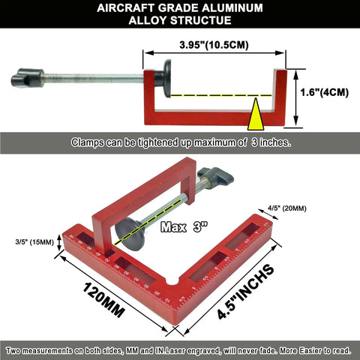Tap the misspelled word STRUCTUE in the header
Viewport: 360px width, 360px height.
coord(204,20)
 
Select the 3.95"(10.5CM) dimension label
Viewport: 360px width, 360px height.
coord(214,45)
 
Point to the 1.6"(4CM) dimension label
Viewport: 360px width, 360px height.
coord(324,92)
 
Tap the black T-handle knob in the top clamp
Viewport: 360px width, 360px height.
coord(28,78)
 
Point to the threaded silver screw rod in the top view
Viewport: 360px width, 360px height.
coord(94,78)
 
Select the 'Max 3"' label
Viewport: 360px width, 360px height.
coord(184,227)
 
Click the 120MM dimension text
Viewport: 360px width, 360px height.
coord(103,300)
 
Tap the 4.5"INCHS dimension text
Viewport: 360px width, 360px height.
coord(246,292)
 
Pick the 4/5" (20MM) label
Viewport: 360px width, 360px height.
coord(287,208)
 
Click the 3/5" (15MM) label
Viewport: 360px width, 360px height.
coord(34,242)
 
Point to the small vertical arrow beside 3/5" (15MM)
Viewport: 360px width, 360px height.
coord(59,242)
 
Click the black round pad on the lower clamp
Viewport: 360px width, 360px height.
coord(130,234)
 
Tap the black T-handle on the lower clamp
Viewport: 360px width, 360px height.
coord(215,175)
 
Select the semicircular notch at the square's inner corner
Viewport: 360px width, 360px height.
coord(172,282)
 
